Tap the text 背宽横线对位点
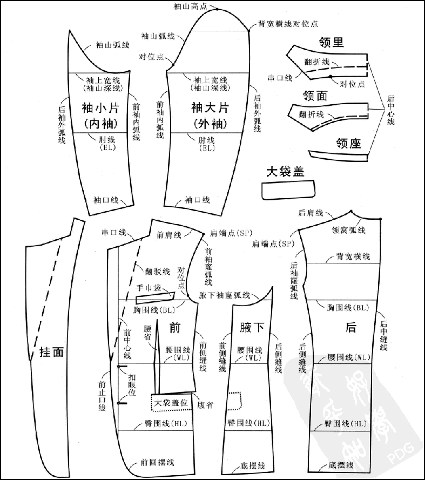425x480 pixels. [x=288, y=24]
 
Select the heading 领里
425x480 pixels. [x=332, y=43]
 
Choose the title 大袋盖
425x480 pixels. [x=285, y=172]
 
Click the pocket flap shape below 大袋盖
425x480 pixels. [x=287, y=190]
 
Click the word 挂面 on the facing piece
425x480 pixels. [x=52, y=352]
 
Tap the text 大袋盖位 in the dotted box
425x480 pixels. [x=171, y=403]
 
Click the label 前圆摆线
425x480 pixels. [x=157, y=462]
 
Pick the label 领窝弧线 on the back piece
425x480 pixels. [x=348, y=230]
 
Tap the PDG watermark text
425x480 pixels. [x=403, y=453]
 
